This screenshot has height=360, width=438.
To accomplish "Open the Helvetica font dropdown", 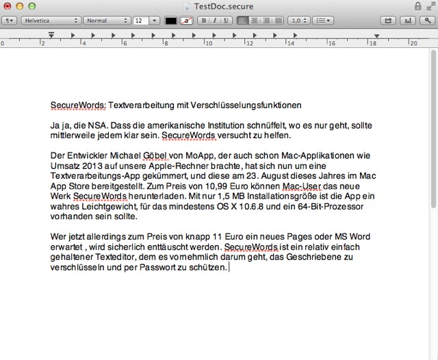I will [50, 21].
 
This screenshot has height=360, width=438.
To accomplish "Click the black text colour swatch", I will [171, 21].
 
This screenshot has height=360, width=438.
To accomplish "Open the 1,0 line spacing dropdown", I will [299, 21].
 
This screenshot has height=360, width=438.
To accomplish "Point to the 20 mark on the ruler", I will [413, 43].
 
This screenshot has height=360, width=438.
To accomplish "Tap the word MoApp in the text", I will [198, 155].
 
